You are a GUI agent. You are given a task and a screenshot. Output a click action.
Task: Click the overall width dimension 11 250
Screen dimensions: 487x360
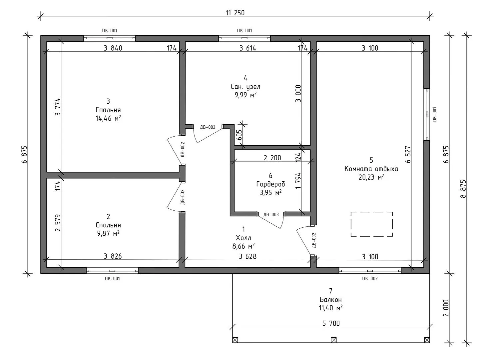(x=235, y=13)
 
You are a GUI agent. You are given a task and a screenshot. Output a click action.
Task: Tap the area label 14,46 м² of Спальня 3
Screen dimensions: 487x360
(x=108, y=118)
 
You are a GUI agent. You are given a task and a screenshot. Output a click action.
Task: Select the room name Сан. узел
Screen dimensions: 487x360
(x=245, y=87)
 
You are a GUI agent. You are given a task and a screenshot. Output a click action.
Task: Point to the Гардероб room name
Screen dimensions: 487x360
(x=270, y=184)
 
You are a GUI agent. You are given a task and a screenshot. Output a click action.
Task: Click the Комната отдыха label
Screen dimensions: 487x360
(x=371, y=169)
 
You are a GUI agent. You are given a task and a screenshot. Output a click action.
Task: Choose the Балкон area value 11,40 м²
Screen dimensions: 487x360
(x=331, y=308)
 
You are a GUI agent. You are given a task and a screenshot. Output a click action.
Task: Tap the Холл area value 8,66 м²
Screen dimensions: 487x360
(x=243, y=246)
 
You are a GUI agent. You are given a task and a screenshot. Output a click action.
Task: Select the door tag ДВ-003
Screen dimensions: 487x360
(x=271, y=215)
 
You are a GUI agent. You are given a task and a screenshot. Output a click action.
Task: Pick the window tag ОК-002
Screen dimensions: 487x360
(x=370, y=279)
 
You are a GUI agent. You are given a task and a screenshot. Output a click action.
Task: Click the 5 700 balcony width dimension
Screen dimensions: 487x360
(x=331, y=323)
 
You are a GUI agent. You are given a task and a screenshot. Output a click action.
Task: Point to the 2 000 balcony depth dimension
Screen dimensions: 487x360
(x=446, y=308)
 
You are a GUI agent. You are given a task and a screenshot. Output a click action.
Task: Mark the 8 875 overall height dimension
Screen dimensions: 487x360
(x=463, y=189)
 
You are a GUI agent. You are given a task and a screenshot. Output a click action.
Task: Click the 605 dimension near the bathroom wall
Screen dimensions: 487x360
(x=239, y=135)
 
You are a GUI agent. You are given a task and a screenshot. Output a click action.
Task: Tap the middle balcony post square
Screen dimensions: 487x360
(x=333, y=340)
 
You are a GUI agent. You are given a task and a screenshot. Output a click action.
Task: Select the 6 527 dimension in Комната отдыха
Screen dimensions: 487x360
(x=408, y=154)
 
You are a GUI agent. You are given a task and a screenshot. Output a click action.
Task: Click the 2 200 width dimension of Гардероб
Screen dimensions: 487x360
(x=272, y=158)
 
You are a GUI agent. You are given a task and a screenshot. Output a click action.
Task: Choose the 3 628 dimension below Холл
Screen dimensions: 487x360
(x=248, y=256)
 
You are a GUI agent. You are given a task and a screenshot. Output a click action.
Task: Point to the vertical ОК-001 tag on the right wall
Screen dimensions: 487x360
(x=434, y=114)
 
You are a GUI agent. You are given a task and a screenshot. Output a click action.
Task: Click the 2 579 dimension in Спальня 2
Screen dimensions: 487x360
(x=58, y=223)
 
